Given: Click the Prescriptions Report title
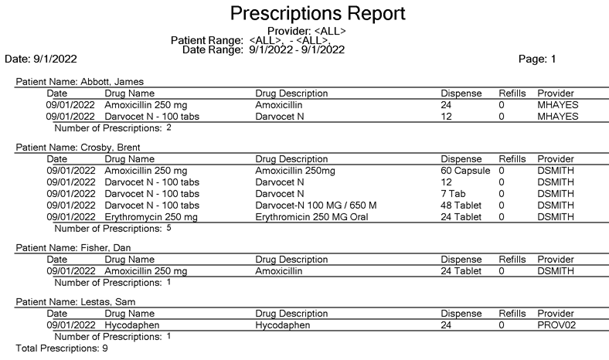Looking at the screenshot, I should coord(317,13).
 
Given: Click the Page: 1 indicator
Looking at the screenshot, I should coord(539,59).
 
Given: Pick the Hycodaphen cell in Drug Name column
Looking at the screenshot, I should coord(132,326).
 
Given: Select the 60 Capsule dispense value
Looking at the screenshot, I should coord(465,171).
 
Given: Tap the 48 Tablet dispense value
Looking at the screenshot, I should coord(461,205).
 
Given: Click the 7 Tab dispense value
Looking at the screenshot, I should coord(454,194).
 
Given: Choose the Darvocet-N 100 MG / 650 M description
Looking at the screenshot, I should coord(316,205).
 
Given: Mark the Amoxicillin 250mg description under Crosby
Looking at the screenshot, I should coord(294,171).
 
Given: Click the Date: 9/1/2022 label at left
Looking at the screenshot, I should coord(41,59).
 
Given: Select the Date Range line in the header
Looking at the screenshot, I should coord(263,49).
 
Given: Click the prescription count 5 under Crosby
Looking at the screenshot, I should coord(168,228).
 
